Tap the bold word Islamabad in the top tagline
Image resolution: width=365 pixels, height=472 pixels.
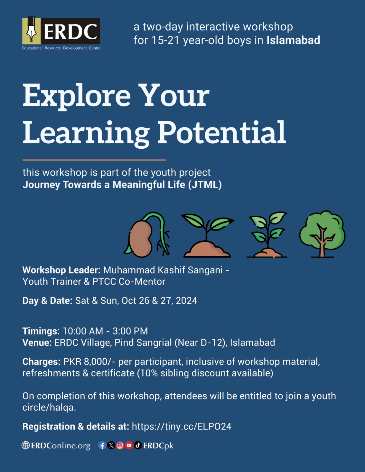pos(293,40)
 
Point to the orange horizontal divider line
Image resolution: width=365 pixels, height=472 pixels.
pos(94,160)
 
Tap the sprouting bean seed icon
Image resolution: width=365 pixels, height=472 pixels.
pos(147,235)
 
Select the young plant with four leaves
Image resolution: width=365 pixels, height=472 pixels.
pos(267,235)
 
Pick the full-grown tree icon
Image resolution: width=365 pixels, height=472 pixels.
pos(322,234)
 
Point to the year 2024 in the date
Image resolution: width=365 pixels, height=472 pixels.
pos(186,301)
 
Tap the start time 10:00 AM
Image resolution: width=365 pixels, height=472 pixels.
pos(83,331)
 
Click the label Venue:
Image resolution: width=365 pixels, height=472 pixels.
pos(37,342)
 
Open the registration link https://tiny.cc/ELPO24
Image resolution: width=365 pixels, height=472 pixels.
pos(182,427)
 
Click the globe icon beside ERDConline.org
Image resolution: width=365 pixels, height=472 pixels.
pos(26,445)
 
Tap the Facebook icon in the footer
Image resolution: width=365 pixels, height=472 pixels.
pos(102,445)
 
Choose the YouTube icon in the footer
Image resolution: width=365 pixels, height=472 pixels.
pos(129,445)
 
